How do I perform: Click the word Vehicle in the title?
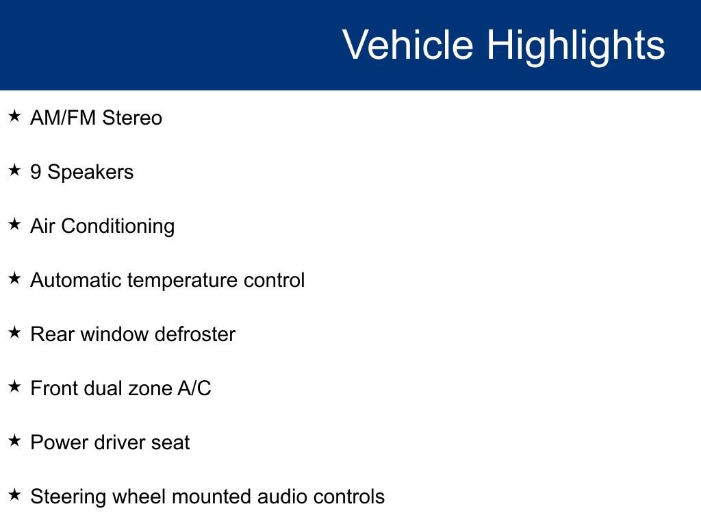click(407, 45)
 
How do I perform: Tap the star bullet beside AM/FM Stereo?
click(14, 116)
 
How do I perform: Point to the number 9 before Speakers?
click(36, 172)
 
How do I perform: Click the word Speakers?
click(90, 173)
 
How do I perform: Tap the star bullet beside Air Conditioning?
click(14, 225)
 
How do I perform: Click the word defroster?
click(194, 334)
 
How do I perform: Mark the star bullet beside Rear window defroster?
click(14, 333)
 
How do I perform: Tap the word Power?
click(57, 442)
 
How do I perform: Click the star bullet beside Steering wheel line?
click(14, 495)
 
